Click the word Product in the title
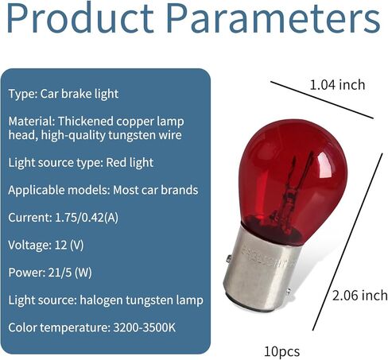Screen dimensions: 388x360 point(80,18)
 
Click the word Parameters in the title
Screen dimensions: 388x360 point(274,18)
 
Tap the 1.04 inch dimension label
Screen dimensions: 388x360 point(337,85)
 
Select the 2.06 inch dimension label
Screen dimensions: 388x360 point(360,296)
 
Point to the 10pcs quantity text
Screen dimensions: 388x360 point(282,352)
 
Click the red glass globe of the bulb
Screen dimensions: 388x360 point(293,180)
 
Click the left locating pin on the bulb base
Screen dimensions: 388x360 point(229,258)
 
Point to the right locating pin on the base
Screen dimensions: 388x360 point(289,292)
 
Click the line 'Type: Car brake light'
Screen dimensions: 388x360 point(64,94)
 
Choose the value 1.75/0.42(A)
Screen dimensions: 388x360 point(87,218)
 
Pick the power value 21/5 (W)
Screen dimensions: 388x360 point(70,273)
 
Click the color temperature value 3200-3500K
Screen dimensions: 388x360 point(145,327)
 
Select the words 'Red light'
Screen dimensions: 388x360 point(130,163)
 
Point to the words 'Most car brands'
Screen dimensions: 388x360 point(156,190)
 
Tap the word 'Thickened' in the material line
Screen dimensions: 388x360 point(86,122)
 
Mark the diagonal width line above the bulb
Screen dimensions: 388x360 point(322,100)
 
